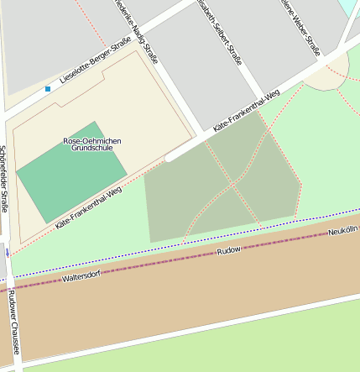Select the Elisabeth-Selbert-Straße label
pyautogui.click(x=219, y=26)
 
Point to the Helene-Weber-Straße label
pyautogui.click(x=302, y=27)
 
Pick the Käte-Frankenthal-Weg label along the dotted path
pyautogui.click(x=88, y=208)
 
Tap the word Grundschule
pyautogui.click(x=92, y=148)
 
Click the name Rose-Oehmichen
pyautogui.click(x=92, y=140)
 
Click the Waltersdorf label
pyautogui.click(x=81, y=275)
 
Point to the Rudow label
pyautogui.click(x=228, y=250)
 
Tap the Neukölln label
pyautogui.click(x=342, y=230)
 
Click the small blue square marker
pyautogui.click(x=48, y=88)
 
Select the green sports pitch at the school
pyautogui.click(x=71, y=172)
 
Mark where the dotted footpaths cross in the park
pyautogui.click(x=232, y=184)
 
